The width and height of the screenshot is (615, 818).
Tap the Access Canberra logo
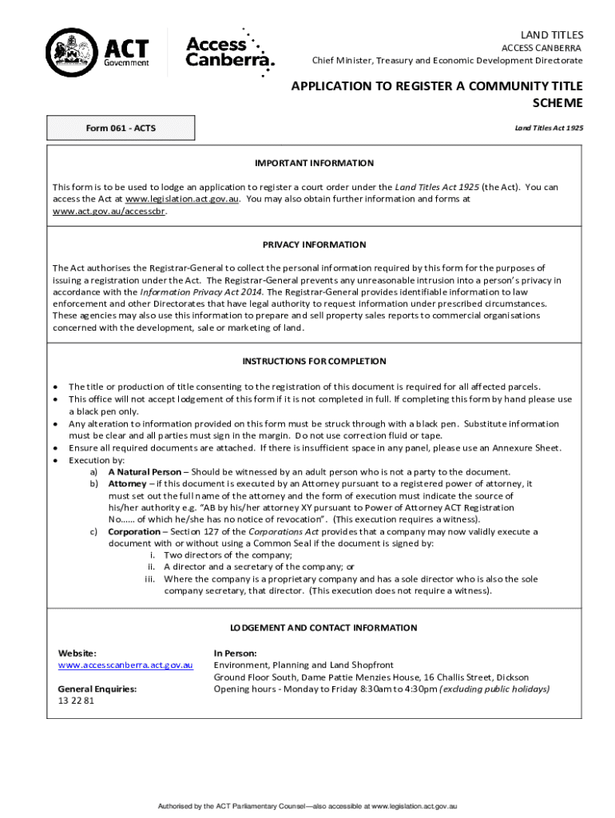coord(229,52)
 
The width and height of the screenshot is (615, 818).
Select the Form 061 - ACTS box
coord(121,129)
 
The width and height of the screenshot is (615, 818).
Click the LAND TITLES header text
coord(552,35)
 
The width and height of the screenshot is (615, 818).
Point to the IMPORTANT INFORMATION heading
coord(314,163)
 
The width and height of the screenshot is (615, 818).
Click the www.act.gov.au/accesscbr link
coord(109,212)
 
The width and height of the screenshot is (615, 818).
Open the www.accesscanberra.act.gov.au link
coord(125,665)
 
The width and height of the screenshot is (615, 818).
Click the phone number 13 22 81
coord(76,701)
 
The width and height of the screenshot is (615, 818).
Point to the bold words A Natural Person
coord(145,472)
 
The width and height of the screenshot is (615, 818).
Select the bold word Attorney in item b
coord(127,484)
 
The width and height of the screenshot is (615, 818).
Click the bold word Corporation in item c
coord(135,531)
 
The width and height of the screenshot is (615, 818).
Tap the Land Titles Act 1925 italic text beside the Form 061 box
coord(549,128)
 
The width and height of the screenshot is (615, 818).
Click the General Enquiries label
coord(97,689)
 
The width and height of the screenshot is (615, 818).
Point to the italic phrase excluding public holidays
coord(494,689)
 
